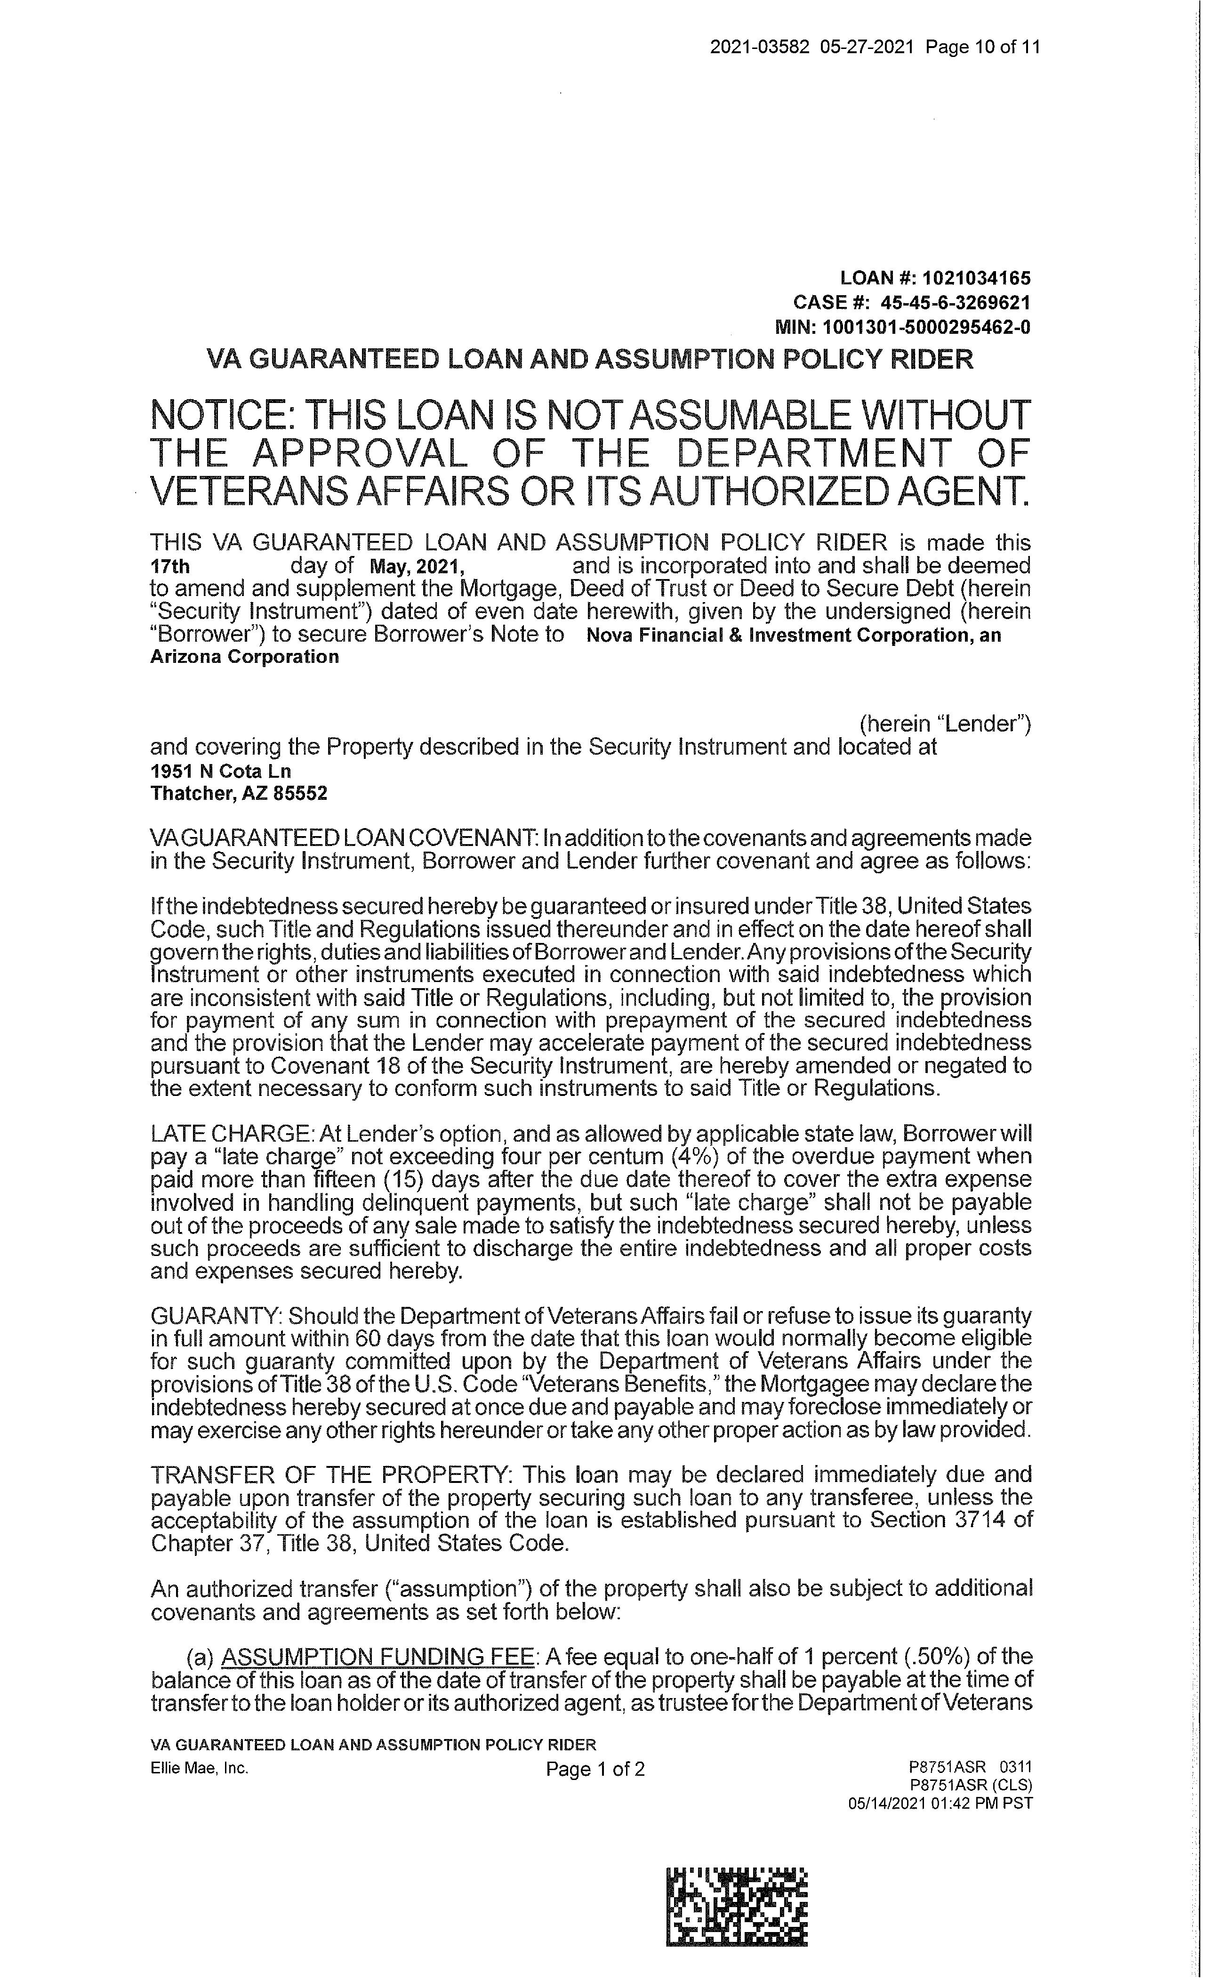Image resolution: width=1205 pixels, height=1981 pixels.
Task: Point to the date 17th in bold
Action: (170, 567)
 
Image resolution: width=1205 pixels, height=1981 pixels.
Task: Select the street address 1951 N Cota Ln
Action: (221, 771)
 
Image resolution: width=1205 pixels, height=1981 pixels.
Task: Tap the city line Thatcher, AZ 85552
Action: (239, 794)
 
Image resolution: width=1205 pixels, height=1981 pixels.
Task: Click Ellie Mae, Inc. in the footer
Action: (200, 1768)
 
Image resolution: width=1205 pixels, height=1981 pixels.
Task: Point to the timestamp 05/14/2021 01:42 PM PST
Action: (940, 1804)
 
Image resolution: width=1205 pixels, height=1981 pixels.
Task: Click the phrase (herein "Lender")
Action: (945, 724)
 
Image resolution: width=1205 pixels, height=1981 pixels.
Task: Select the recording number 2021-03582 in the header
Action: (749, 47)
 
